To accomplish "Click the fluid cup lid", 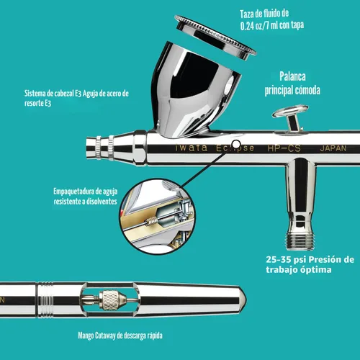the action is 215,37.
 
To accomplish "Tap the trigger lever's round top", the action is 290,111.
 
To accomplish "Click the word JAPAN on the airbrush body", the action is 333,148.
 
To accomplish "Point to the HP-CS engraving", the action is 284,148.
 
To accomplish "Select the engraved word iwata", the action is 192,148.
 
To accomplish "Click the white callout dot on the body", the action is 236,145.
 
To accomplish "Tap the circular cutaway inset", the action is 158,216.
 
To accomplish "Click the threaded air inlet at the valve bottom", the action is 300,240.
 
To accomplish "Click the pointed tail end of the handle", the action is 246,300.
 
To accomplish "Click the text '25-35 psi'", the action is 286,259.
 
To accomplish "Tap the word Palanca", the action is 292,76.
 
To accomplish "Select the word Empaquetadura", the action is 73,192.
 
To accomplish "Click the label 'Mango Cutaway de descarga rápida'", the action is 120,336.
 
